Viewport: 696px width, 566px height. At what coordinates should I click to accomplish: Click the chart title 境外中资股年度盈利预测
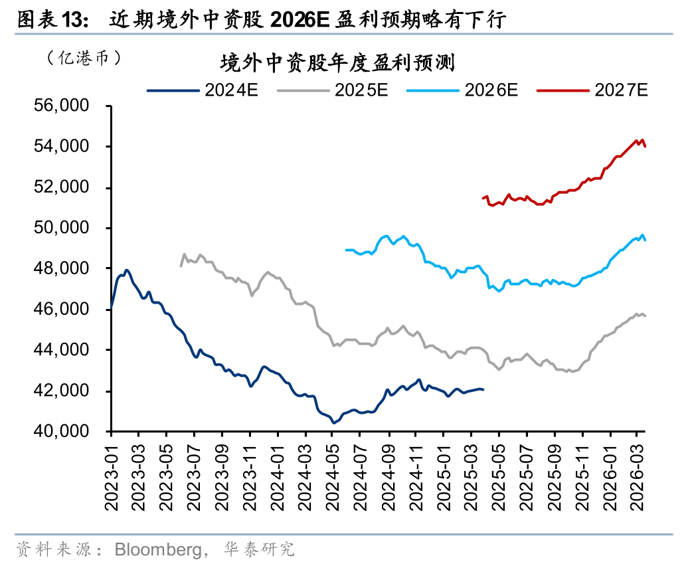click(337, 64)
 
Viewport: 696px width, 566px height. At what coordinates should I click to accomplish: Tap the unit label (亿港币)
click(84, 58)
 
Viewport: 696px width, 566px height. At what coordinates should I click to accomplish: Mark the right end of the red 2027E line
click(646, 146)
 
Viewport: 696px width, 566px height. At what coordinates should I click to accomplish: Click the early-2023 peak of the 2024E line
click(126, 270)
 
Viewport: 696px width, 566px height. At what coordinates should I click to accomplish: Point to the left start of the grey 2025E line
click(181, 266)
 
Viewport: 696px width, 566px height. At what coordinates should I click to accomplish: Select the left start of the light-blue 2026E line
click(346, 250)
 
